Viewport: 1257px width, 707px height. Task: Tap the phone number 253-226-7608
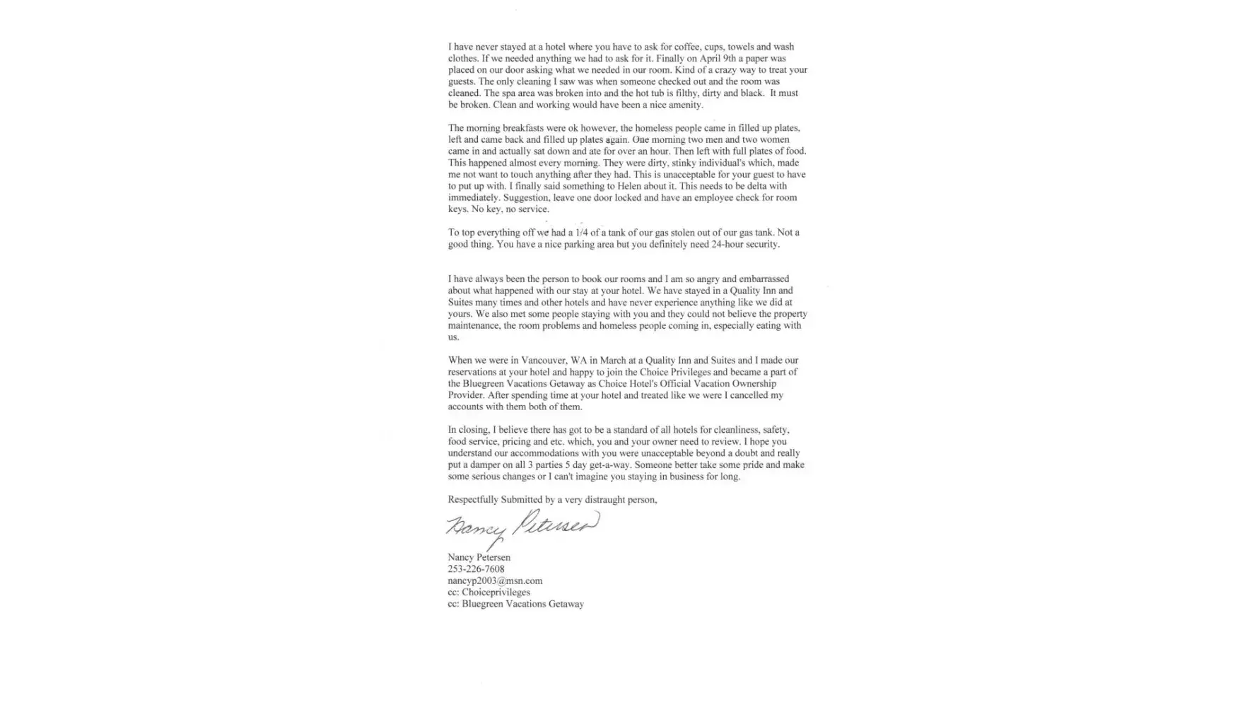coord(476,569)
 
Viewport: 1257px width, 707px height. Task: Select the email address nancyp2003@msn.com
coord(495,580)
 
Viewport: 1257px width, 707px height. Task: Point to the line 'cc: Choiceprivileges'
coord(489,592)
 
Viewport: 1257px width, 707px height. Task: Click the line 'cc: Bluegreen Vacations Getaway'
coord(515,604)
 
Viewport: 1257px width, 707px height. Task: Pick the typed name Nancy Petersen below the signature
coord(479,557)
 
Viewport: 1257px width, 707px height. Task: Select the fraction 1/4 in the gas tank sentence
coord(582,233)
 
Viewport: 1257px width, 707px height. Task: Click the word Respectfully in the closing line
coord(473,500)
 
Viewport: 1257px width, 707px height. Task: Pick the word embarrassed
coord(764,279)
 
